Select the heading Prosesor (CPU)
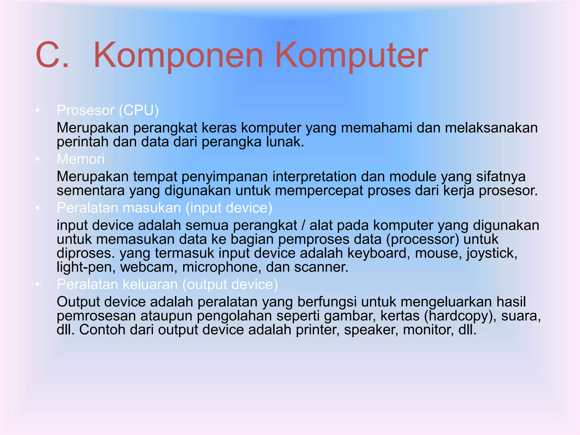pos(108,110)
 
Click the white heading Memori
pos(80,159)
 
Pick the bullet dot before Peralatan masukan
pos(37,208)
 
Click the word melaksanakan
pos(491,128)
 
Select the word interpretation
pos(314,176)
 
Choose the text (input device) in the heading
pos(229,208)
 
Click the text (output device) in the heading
pos(230,284)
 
